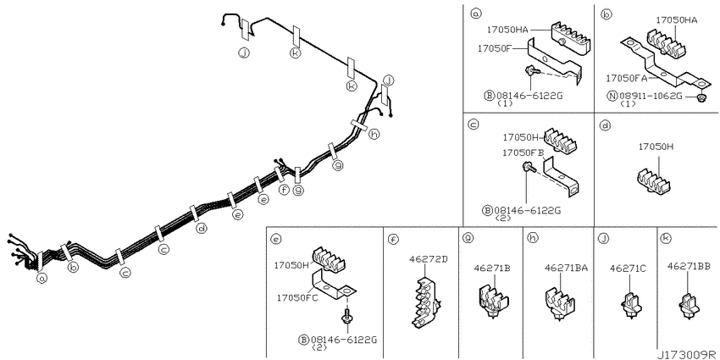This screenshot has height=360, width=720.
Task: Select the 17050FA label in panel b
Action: click(x=627, y=79)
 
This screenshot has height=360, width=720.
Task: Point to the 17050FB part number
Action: click(x=523, y=152)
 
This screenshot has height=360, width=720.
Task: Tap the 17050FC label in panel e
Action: click(x=297, y=297)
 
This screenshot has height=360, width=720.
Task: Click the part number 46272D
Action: click(x=429, y=259)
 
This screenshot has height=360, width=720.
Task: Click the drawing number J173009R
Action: click(x=686, y=354)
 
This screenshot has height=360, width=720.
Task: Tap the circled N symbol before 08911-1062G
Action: click(x=612, y=96)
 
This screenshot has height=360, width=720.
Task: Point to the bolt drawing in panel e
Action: click(x=346, y=318)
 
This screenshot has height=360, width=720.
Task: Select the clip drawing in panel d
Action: click(x=654, y=180)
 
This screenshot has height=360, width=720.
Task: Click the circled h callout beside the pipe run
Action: click(x=374, y=134)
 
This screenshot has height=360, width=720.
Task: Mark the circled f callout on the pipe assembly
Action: click(x=285, y=189)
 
